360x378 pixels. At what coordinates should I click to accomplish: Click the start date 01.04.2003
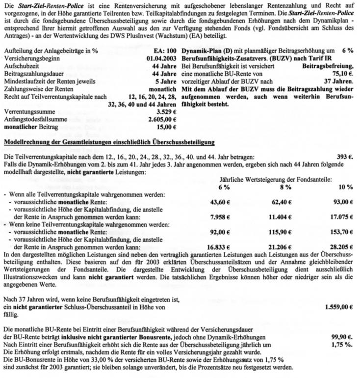(x=161, y=58)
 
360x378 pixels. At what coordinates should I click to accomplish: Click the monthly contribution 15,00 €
(x=166, y=127)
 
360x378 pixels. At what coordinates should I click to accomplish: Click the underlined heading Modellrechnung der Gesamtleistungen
(x=108, y=142)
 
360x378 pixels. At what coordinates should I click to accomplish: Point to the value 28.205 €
(x=342, y=247)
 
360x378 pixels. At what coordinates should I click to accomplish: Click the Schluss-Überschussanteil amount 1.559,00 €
(x=338, y=307)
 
